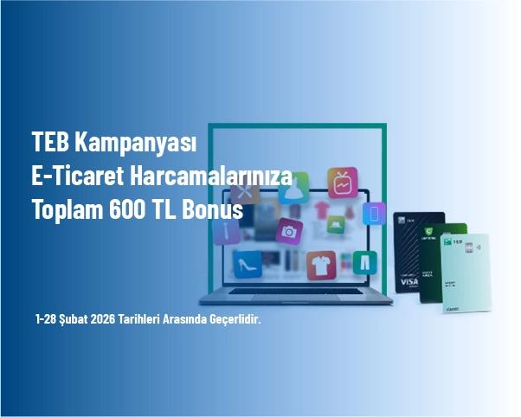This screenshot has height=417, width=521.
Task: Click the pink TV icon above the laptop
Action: pos(343,183)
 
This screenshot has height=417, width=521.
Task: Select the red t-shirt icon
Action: pos(320,265)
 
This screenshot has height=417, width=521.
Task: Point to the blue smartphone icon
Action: pos(375,213)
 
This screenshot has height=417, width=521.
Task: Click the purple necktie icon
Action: pos(227,230)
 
